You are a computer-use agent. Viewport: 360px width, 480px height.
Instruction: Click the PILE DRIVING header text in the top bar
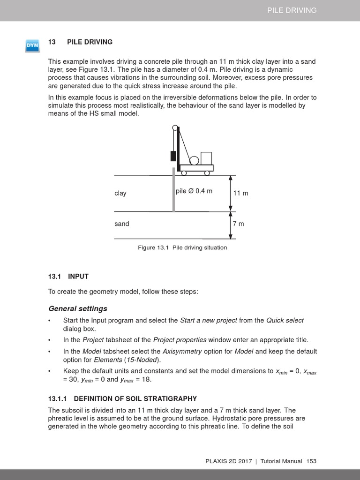click(292, 10)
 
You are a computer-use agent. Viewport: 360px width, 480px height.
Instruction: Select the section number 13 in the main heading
click(52, 42)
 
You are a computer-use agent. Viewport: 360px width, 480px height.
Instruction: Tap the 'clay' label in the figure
click(120, 193)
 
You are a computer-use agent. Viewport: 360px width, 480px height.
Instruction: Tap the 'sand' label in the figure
click(122, 224)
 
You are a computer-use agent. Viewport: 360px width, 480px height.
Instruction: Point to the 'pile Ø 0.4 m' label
click(194, 191)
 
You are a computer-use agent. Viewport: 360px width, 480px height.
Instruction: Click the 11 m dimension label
click(240, 193)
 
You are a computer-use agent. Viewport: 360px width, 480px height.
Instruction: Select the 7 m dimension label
click(238, 224)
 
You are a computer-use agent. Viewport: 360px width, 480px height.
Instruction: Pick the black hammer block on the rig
click(173, 156)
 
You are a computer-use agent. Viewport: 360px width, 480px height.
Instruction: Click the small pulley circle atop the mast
click(175, 127)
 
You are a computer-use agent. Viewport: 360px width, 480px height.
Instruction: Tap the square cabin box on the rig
click(206, 158)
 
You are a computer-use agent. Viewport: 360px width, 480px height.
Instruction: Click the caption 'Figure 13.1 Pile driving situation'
click(182, 247)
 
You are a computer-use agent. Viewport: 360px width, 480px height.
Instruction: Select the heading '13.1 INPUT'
click(68, 277)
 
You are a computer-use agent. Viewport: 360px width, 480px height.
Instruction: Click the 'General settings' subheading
click(78, 308)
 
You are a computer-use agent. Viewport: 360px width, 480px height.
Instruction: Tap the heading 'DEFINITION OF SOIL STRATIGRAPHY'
click(135, 399)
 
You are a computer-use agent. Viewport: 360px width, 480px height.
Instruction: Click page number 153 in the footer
click(311, 461)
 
